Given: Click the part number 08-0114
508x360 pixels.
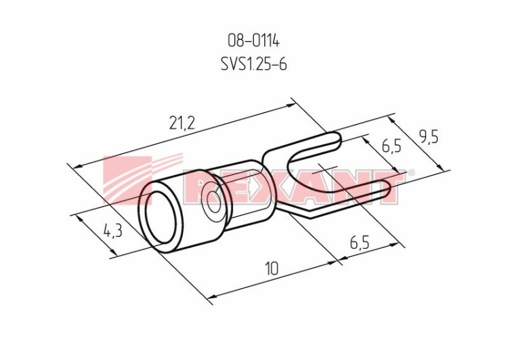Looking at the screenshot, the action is click(x=253, y=41).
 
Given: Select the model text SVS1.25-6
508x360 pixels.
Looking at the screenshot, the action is click(x=254, y=64).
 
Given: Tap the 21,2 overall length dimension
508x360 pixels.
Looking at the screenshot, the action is click(x=182, y=123).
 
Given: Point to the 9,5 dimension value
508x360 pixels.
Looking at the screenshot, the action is click(x=428, y=138).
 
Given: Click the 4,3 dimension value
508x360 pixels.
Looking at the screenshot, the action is click(x=112, y=232).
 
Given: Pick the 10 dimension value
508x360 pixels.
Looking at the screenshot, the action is click(x=272, y=269).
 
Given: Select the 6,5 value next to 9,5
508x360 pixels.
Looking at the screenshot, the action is click(x=391, y=146).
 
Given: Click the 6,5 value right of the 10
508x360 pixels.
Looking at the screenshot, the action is click(x=360, y=243).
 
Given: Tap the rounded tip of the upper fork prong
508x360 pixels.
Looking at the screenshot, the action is click(x=339, y=140).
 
